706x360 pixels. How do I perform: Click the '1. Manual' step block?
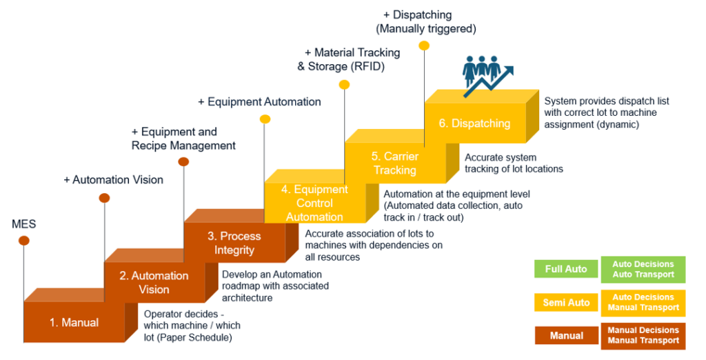coord(74,322)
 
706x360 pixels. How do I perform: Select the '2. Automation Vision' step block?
coord(154,283)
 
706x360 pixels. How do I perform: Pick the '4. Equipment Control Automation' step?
coord(314,203)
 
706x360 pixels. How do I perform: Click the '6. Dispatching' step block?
coord(475,123)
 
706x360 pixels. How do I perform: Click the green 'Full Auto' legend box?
coord(566,269)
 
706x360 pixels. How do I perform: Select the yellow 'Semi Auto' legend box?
coord(566,302)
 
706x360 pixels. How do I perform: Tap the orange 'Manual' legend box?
coord(566,336)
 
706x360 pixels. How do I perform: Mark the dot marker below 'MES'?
coord(24,241)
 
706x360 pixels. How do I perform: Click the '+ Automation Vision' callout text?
coord(114,180)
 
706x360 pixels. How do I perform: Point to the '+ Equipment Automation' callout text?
coord(259,102)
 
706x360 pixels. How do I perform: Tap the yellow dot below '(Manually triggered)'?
coord(424,46)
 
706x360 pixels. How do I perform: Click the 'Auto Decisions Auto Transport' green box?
coord(643,269)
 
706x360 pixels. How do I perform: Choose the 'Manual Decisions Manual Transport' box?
coord(643,336)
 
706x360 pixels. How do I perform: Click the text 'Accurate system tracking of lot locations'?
coord(514,163)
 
